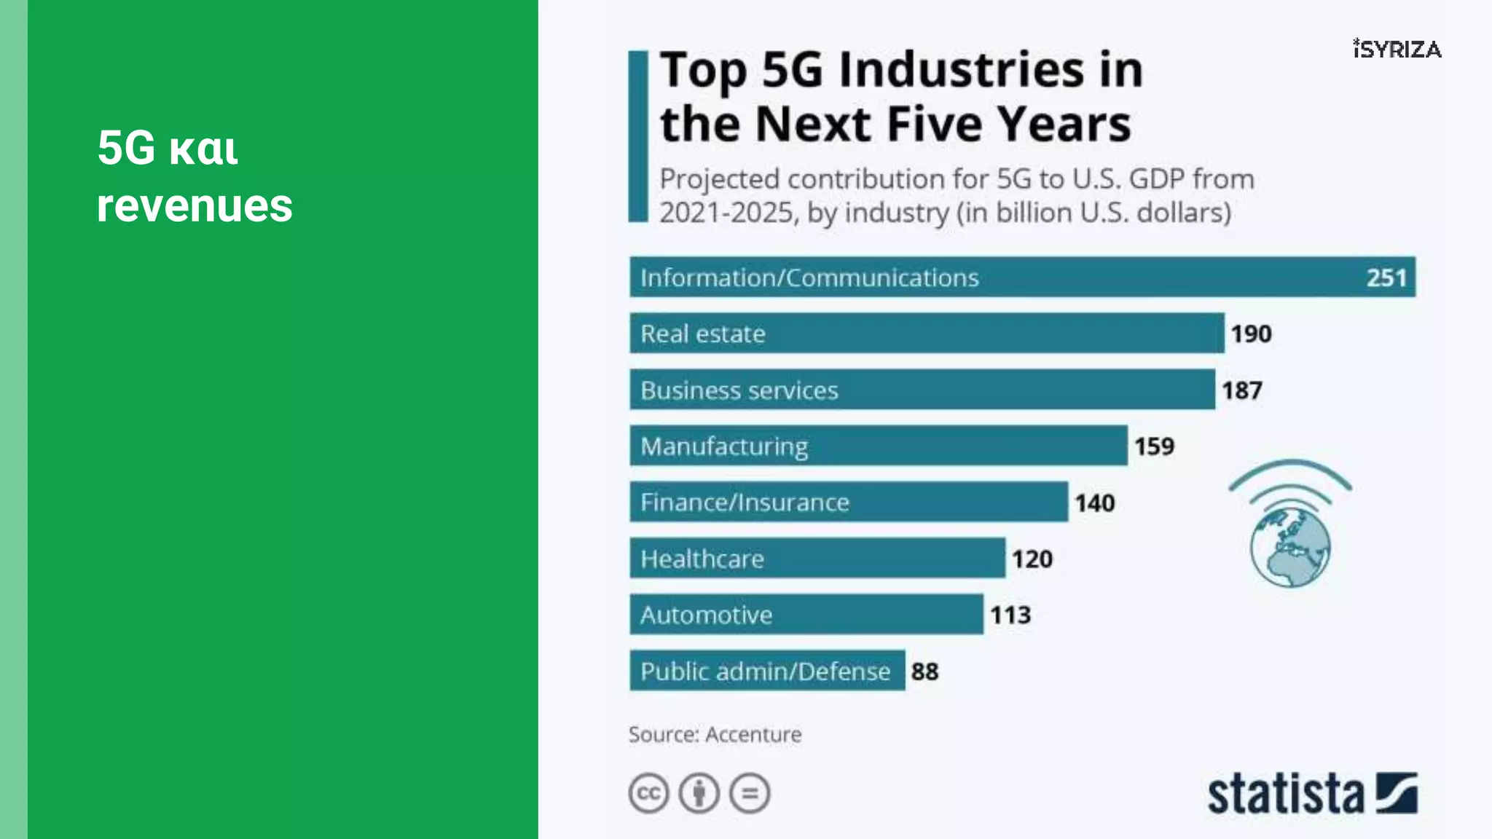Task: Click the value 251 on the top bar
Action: (x=1386, y=277)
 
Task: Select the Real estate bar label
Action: (x=703, y=334)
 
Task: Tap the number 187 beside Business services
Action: (x=1241, y=390)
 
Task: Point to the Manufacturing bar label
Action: (x=724, y=446)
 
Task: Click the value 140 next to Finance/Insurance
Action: (x=1094, y=503)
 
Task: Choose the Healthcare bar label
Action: (x=702, y=559)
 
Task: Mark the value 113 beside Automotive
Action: (x=1010, y=615)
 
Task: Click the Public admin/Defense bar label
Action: (x=765, y=671)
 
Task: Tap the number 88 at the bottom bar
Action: (x=924, y=671)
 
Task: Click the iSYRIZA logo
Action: (x=1397, y=49)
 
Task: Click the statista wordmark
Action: (x=1285, y=794)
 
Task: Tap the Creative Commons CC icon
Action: (x=648, y=793)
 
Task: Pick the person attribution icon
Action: (x=699, y=793)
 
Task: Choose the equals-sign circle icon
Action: (x=750, y=793)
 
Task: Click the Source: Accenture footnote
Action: (x=715, y=734)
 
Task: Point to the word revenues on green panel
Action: (x=195, y=205)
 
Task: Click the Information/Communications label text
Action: (x=809, y=277)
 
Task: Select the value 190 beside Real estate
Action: (x=1251, y=334)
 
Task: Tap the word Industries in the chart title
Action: (x=962, y=70)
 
